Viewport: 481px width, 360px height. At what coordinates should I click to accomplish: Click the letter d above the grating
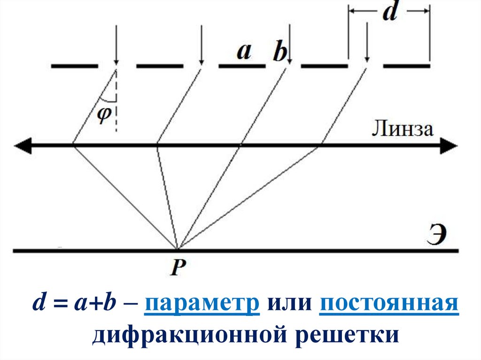tap(389, 14)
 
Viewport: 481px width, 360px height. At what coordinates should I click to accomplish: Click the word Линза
tap(403, 129)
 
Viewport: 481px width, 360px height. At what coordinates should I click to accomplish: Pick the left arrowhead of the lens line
tap(23, 146)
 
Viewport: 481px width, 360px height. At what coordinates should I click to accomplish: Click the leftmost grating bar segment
tap(74, 66)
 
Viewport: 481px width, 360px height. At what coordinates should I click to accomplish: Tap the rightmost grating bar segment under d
tap(406, 66)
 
